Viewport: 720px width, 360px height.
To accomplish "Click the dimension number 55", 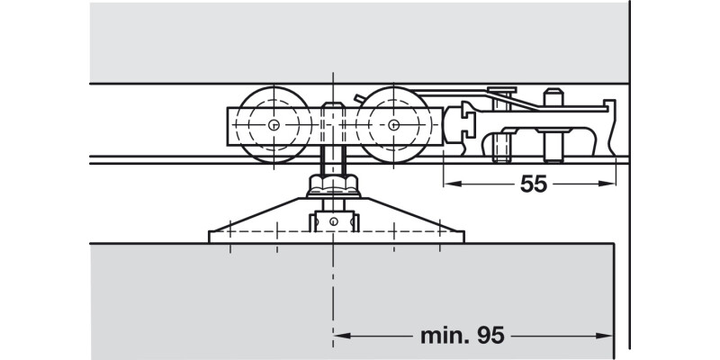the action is tap(534, 184).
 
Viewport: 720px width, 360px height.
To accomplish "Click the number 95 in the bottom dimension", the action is tap(490, 336).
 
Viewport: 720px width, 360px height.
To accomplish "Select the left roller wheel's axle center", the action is tap(274, 124).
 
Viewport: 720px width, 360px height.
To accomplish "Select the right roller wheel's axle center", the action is tap(393, 124).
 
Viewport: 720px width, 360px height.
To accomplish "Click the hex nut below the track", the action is tap(333, 184).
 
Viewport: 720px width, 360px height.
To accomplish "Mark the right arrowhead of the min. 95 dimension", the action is tap(605, 336).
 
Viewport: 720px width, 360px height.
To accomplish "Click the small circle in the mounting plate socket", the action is tap(334, 221).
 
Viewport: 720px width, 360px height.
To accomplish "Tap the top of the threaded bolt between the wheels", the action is tap(333, 104).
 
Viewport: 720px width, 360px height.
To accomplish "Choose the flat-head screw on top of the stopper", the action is tap(502, 90).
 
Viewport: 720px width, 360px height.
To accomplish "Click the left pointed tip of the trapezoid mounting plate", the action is tap(210, 231).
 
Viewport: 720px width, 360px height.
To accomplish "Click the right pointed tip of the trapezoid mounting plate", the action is tap(463, 231).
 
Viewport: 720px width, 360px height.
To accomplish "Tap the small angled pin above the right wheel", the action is tap(359, 98).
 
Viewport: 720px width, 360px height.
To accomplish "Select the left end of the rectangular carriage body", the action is tap(229, 126).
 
